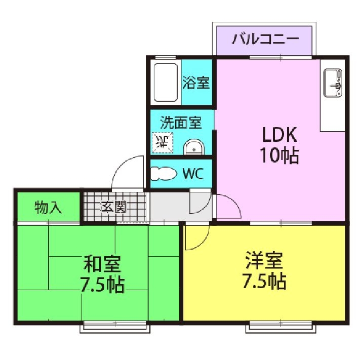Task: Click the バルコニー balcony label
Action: click(265, 39)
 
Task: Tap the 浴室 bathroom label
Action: click(196, 82)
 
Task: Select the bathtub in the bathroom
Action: click(166, 82)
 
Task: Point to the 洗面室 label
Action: click(181, 122)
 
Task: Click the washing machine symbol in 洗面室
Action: click(163, 142)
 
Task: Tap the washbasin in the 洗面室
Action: click(194, 147)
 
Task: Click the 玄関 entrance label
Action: click(113, 207)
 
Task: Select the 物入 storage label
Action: click(49, 207)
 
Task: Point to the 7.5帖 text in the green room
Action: click(102, 285)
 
